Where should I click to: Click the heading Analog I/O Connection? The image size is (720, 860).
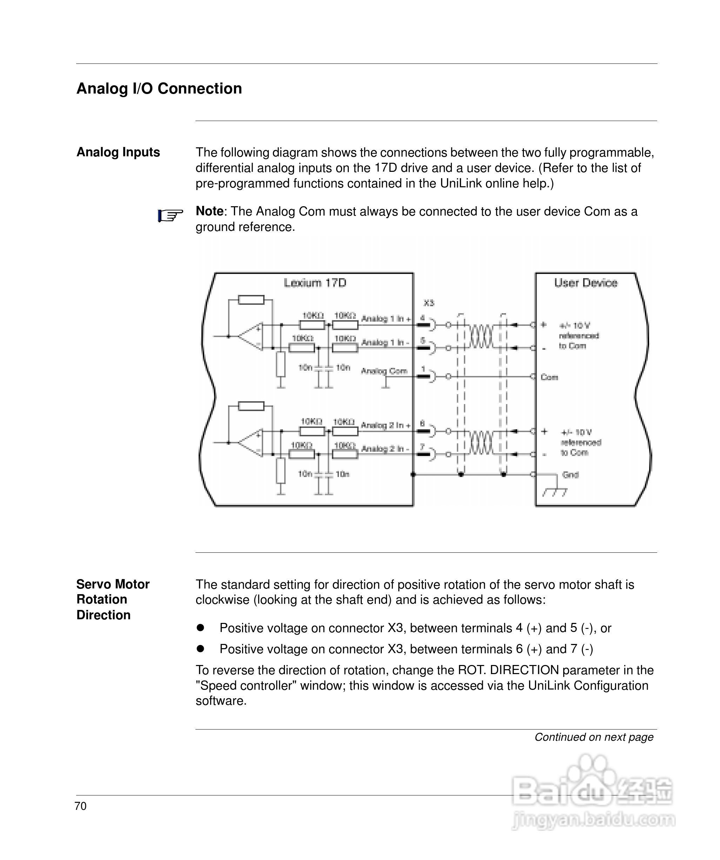pos(159,88)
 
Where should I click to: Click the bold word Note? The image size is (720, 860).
pos(209,211)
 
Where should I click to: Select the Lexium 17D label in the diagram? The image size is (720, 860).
pos(315,283)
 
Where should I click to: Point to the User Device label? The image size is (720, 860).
pos(586,283)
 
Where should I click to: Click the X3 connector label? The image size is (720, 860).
pos(429,303)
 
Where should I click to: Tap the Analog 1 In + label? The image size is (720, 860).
pos(386,318)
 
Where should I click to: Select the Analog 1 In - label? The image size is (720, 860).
pos(385,342)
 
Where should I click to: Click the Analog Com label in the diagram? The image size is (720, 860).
pos(384,371)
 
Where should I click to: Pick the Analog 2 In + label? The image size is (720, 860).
pos(385,425)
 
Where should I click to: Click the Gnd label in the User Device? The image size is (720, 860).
pos(571,475)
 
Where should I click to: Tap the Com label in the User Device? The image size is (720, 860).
pos(549,377)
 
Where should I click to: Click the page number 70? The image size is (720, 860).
pos(81,806)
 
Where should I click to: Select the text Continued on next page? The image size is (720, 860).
pos(594,737)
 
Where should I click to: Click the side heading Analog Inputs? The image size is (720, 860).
pos(118,152)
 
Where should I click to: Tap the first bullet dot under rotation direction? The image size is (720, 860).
pos(200,627)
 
